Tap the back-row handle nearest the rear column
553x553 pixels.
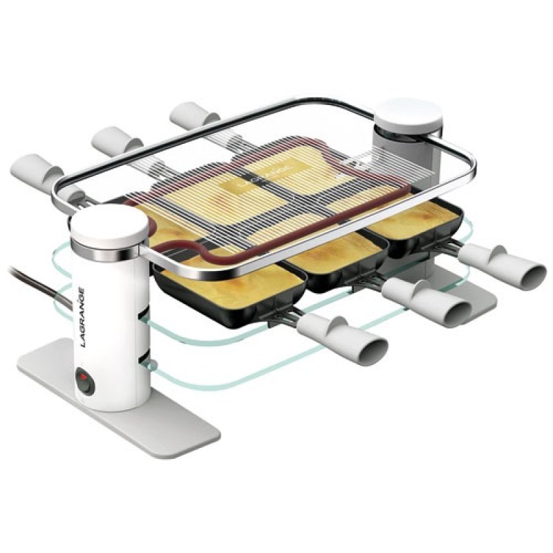pos(193,113)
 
